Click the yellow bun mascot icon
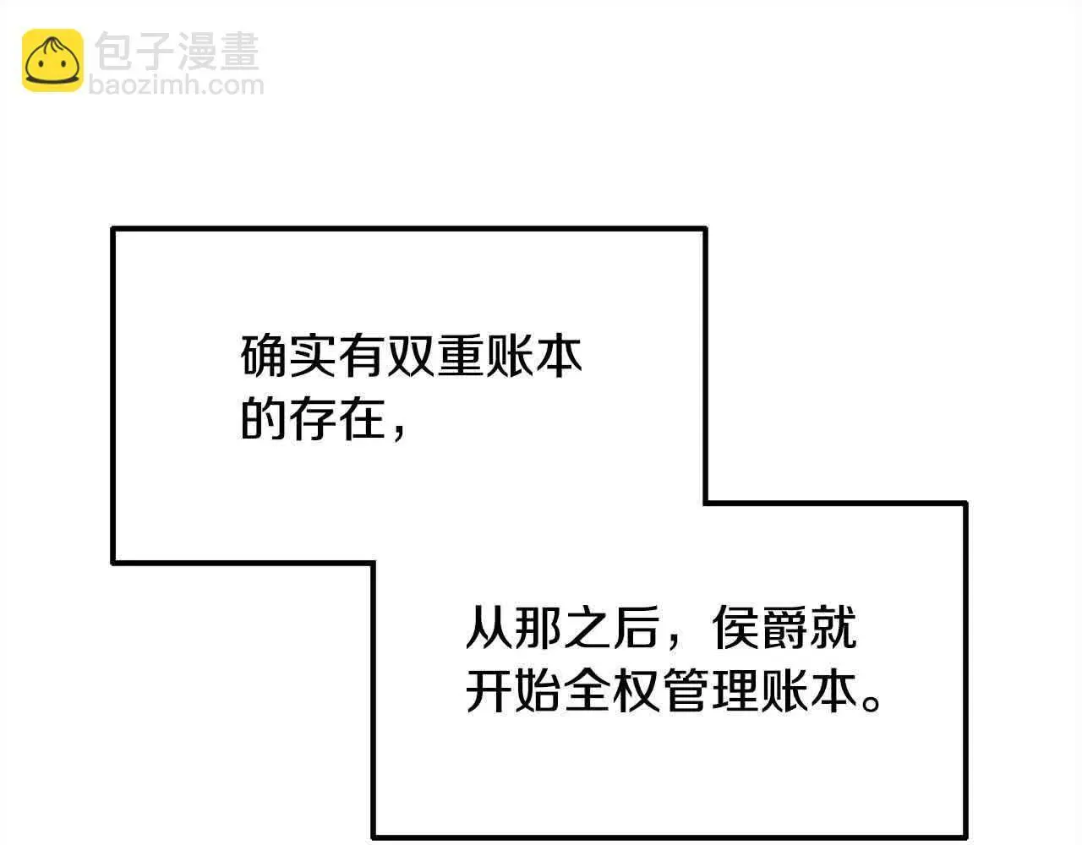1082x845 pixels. (52, 60)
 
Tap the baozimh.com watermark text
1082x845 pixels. (177, 85)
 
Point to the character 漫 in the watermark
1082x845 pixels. (196, 51)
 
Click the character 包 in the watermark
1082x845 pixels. (113, 51)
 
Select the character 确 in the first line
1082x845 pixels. (262, 355)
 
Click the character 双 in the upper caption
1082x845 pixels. (410, 355)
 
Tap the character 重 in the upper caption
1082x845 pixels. (459, 355)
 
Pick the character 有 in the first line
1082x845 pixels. (361, 355)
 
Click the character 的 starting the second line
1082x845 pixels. (262, 418)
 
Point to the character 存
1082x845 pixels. (312, 418)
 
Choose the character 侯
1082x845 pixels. (735, 627)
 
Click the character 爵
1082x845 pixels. (784, 627)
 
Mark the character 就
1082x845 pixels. (833, 627)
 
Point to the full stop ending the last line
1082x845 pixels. (871, 704)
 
